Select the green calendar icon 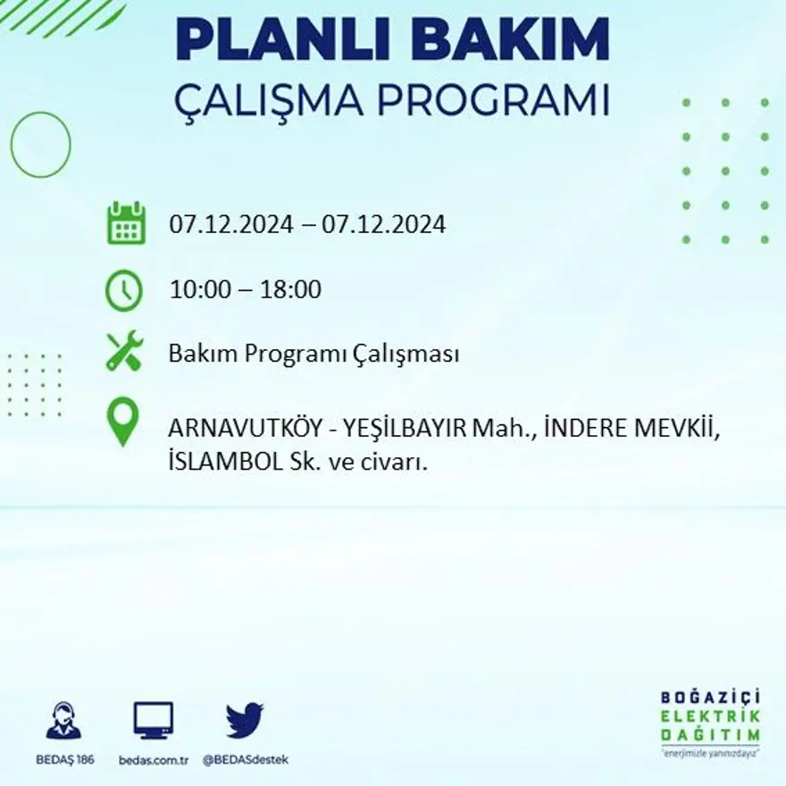coord(126,223)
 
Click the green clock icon coord(124,290)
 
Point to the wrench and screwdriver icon coord(124,351)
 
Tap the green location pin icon coord(123,422)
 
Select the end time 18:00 coord(291,289)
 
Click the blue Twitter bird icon coord(244,720)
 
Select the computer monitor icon coord(154,720)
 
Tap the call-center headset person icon coord(63,720)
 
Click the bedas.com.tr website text coord(154,759)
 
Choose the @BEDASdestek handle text coord(245,759)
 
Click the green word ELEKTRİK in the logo coord(712,715)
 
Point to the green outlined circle coord(40,144)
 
